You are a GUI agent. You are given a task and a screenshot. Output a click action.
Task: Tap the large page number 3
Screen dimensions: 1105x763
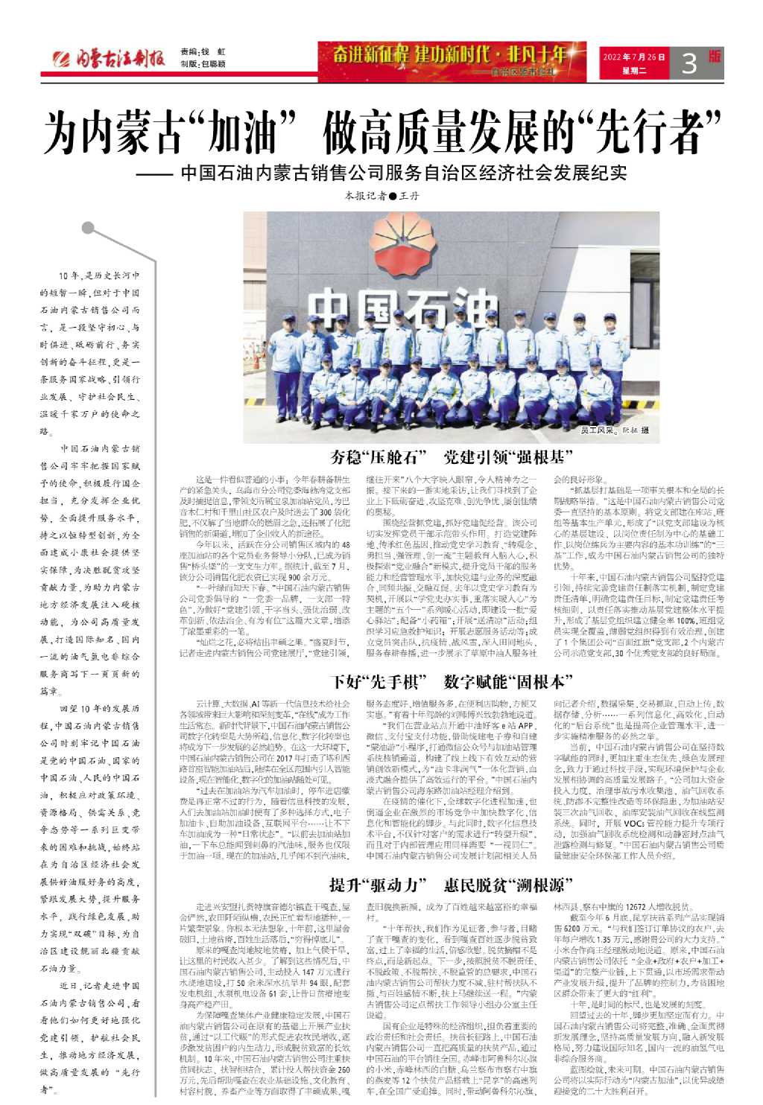690,63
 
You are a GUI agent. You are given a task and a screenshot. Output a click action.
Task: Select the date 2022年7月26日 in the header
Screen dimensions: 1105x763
633,57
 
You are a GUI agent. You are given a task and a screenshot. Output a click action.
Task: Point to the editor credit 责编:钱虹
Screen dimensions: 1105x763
202,52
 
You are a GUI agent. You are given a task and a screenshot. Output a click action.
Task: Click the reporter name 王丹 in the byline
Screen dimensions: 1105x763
410,197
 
